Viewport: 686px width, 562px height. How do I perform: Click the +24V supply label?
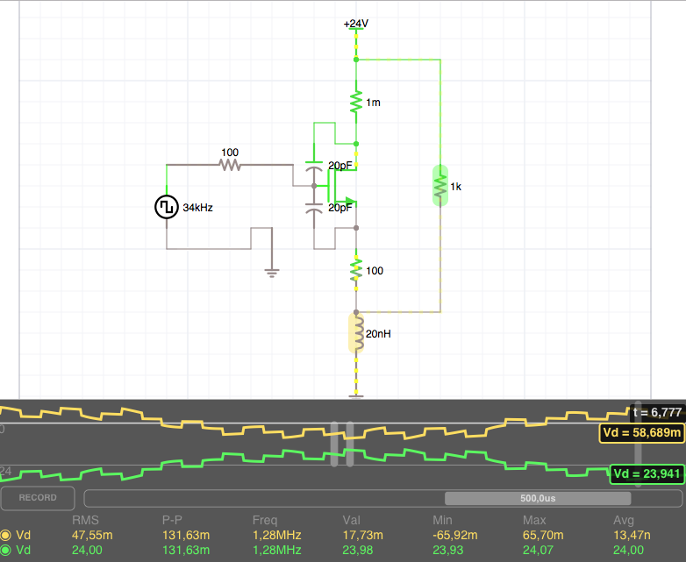click(355, 24)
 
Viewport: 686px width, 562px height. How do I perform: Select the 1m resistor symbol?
click(355, 102)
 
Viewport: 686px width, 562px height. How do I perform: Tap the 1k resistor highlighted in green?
click(439, 185)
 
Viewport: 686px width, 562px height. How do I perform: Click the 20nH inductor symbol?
click(355, 333)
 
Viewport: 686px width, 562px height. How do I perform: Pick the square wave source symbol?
click(167, 208)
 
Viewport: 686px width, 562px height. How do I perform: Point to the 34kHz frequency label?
click(197, 209)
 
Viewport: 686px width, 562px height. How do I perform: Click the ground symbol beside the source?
click(271, 273)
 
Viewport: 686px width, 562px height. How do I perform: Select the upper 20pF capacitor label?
click(340, 166)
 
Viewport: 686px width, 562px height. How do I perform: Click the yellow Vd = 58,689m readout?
click(641, 433)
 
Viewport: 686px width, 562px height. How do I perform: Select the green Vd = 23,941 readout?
click(646, 474)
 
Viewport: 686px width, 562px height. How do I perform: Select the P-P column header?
click(173, 520)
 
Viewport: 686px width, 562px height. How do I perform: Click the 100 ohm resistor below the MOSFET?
click(355, 270)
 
